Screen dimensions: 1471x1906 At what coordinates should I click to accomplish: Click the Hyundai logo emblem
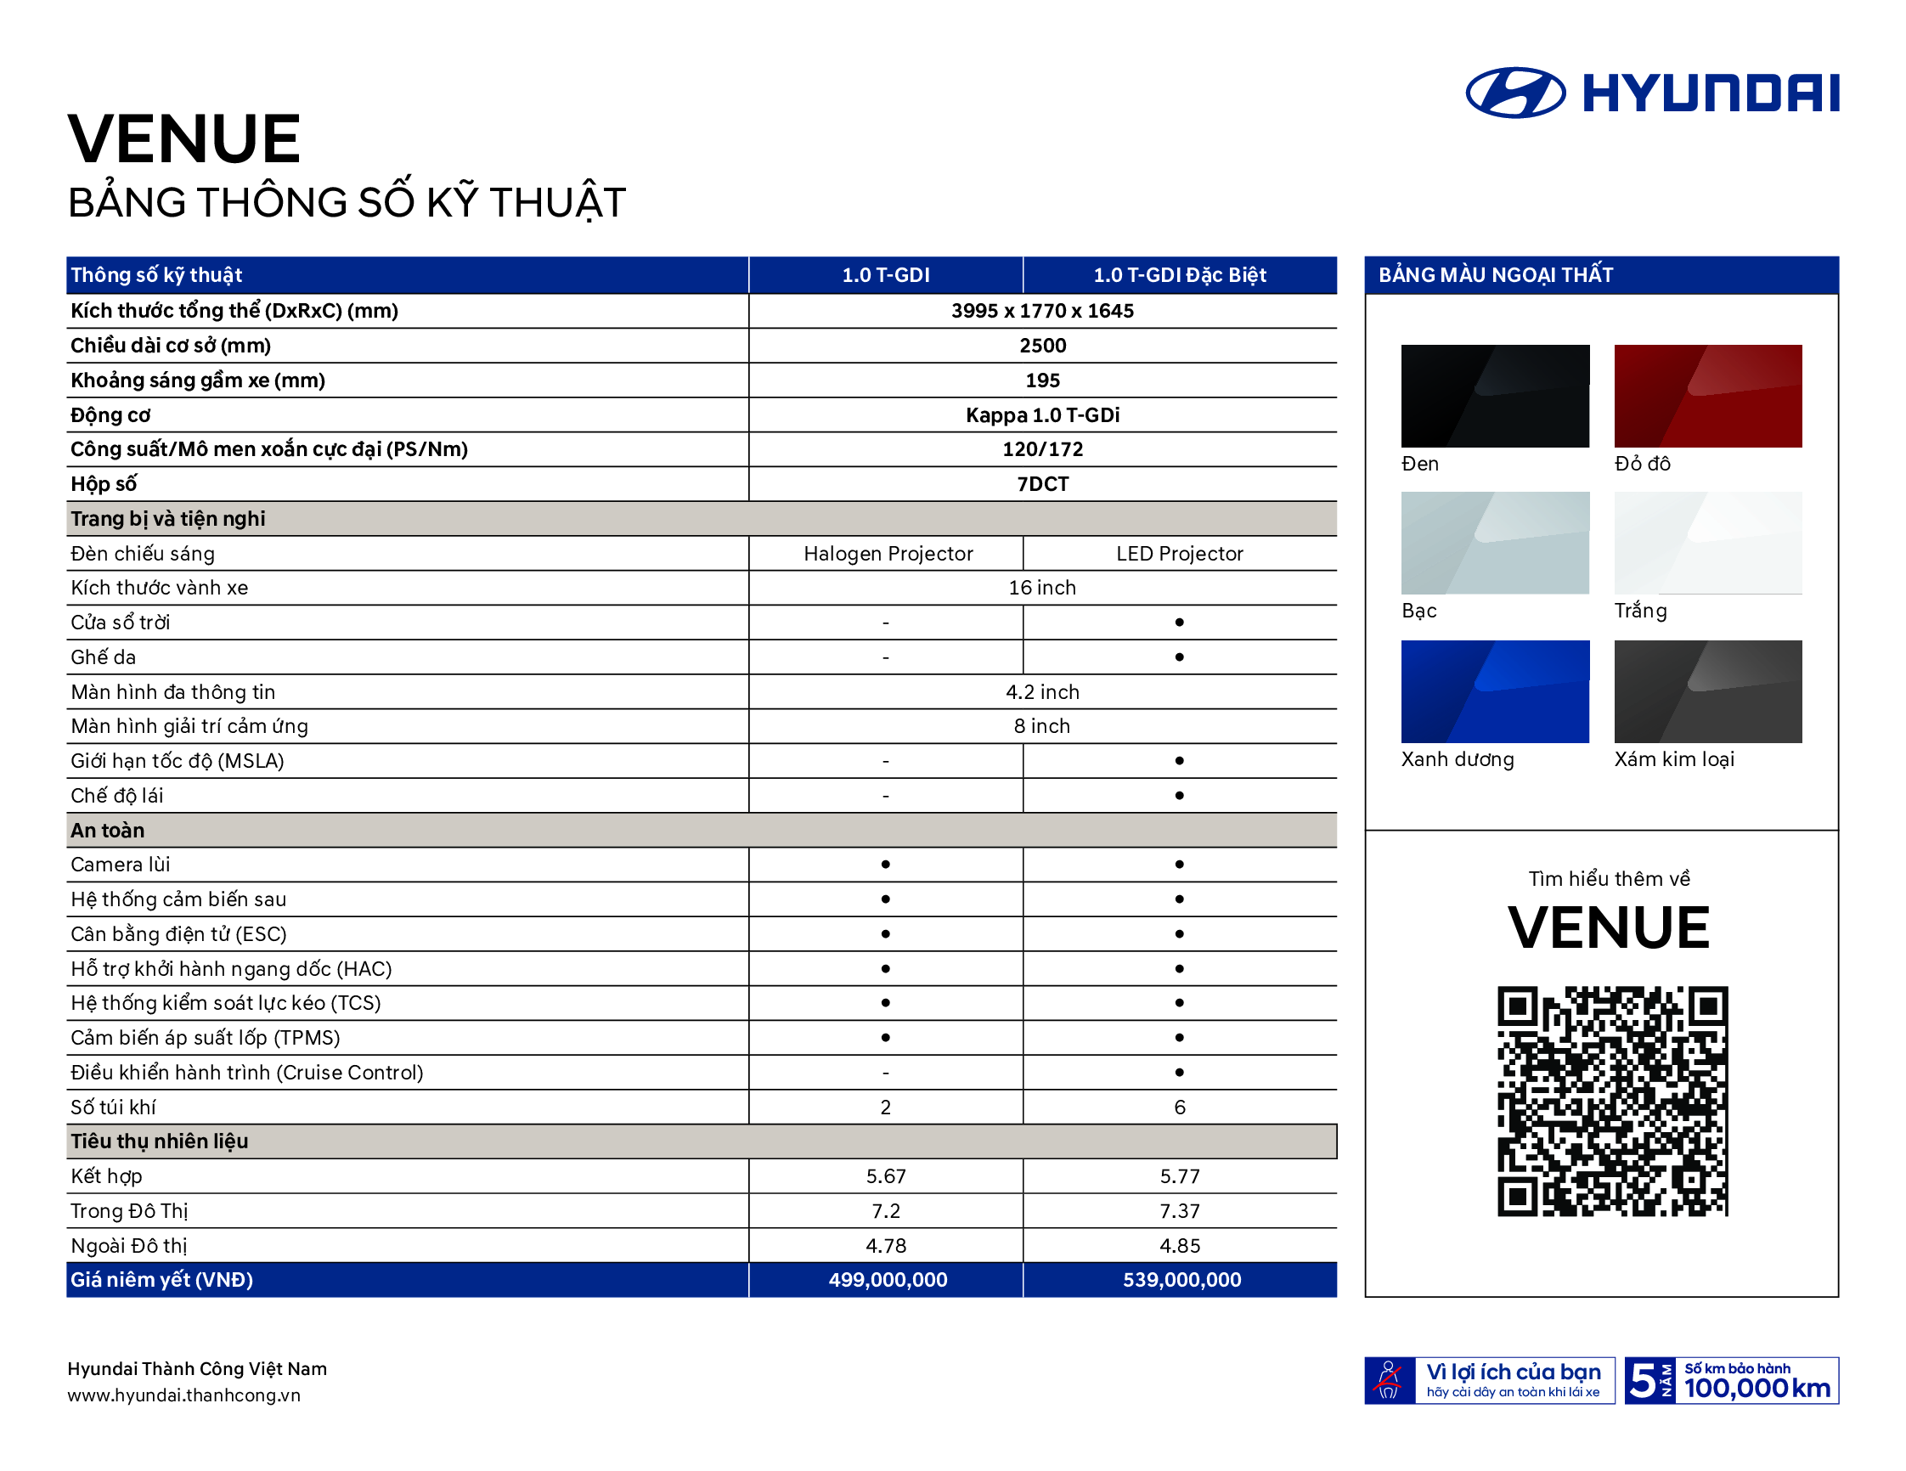coord(1515,93)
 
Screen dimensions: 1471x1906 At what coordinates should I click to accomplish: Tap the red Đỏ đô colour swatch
coord(1707,395)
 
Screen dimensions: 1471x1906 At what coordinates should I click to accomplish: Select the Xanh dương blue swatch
coord(1494,691)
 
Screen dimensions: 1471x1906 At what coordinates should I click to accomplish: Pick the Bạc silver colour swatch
coord(1494,543)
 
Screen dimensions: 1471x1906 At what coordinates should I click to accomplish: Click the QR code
coord(1612,1100)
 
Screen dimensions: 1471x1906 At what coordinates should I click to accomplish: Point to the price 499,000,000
coord(887,1279)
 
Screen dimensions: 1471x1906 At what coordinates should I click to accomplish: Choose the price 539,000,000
coord(1181,1279)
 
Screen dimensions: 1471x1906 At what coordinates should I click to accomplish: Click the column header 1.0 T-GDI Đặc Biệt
coord(1179,275)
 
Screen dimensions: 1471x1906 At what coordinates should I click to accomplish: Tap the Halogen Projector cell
coord(888,553)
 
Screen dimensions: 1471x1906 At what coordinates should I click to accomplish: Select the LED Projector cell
coord(1179,553)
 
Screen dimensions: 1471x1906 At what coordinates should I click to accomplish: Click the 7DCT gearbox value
coord(1042,483)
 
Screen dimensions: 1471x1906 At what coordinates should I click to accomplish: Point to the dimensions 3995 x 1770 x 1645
coord(1042,311)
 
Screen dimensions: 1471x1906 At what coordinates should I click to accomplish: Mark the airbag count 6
coord(1179,1107)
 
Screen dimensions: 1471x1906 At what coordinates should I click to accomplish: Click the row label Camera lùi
coord(121,864)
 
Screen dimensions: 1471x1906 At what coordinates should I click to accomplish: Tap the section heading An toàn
coord(107,830)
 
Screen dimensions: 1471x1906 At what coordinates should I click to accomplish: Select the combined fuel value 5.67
coord(886,1175)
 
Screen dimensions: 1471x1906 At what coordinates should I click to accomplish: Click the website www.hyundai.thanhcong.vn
coord(183,1395)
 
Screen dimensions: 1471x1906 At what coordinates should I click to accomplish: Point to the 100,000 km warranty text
coord(1756,1387)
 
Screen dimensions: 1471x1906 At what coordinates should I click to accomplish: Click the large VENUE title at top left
coord(184,138)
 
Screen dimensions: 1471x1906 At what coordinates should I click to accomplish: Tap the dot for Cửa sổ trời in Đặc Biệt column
coord(1179,622)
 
